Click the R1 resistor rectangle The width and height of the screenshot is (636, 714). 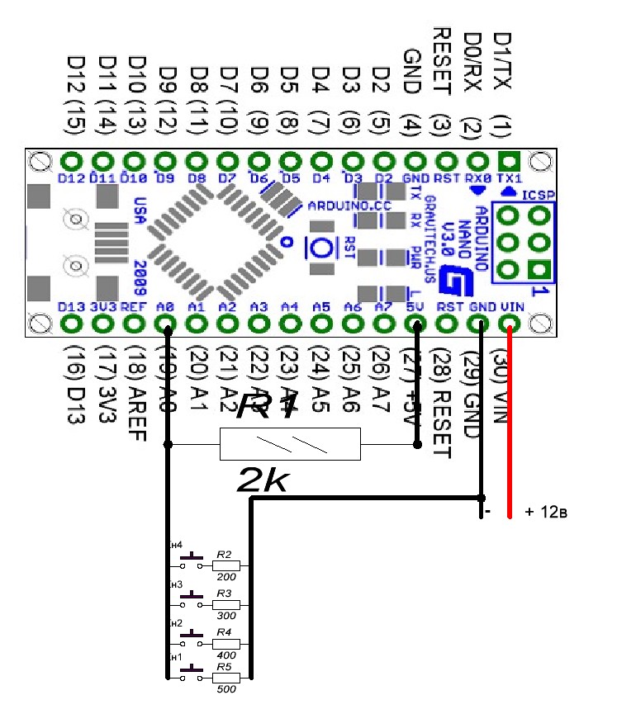tap(290, 444)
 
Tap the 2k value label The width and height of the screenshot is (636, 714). tap(263, 480)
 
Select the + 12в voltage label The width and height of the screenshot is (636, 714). tap(546, 513)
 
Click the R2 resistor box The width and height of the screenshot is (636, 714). tap(225, 566)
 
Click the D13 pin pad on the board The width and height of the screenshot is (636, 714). tap(72, 323)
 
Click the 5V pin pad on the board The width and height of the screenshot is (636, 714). tap(416, 323)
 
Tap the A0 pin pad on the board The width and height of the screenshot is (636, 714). tap(167, 323)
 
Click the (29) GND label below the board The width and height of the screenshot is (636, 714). tap(472, 383)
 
